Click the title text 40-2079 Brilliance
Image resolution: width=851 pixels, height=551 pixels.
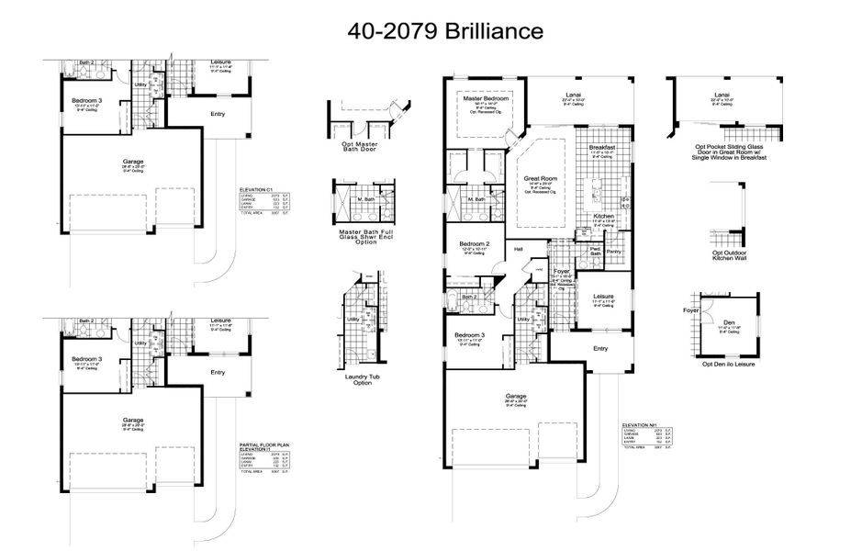[x=445, y=30]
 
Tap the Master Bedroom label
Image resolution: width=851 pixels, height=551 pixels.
[x=486, y=97]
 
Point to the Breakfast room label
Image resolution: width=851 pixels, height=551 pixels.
[x=601, y=147]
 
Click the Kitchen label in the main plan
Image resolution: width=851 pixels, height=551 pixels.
[x=602, y=216]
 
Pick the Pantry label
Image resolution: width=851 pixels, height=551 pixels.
[x=614, y=251]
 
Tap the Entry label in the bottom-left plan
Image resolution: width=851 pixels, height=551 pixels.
[x=217, y=372]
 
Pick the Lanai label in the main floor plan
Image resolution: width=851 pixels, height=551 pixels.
[x=575, y=94]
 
